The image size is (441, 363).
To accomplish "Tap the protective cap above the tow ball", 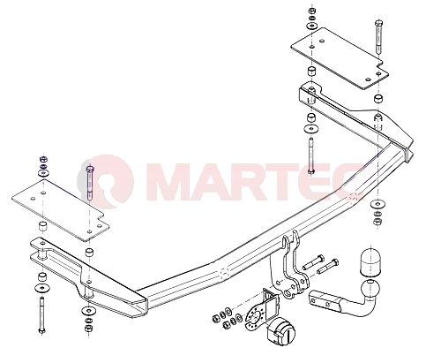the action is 370,263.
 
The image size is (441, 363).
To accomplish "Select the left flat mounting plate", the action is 60,210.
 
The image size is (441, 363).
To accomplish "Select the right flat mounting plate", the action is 340,58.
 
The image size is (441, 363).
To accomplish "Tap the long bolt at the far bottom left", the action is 41,315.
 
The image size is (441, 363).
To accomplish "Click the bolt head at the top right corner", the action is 378,23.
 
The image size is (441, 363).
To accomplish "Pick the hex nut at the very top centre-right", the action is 311,11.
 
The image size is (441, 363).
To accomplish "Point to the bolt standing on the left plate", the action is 89,183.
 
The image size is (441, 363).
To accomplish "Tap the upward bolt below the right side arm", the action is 311,155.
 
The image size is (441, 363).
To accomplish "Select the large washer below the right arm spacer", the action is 311,129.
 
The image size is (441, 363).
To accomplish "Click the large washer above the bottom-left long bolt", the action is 42,287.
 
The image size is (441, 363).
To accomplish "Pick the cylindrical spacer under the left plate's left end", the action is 43,226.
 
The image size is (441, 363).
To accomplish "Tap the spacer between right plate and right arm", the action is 311,72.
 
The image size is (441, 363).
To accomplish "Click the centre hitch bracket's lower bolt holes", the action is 288,289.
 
